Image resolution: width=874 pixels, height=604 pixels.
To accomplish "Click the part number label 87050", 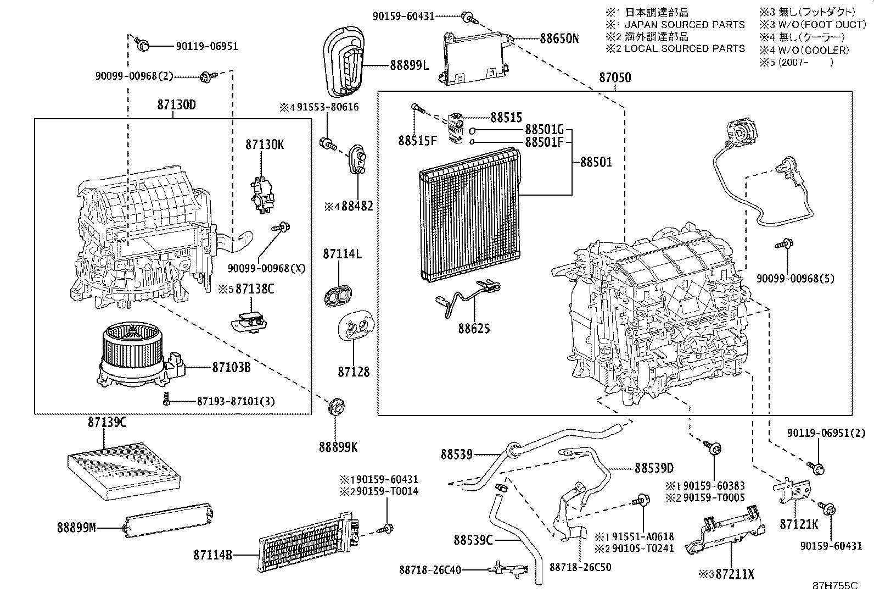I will [614, 78].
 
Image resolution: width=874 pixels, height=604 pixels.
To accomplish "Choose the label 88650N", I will [559, 38].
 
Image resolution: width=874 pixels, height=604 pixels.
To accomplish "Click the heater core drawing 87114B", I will [307, 541].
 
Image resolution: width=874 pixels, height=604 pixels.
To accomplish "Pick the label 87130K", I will [265, 145].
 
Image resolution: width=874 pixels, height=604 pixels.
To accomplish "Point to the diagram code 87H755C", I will [835, 586].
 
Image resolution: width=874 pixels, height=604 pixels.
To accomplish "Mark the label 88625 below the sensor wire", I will [474, 328].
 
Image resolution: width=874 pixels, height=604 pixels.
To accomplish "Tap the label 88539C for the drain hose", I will [473, 540].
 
